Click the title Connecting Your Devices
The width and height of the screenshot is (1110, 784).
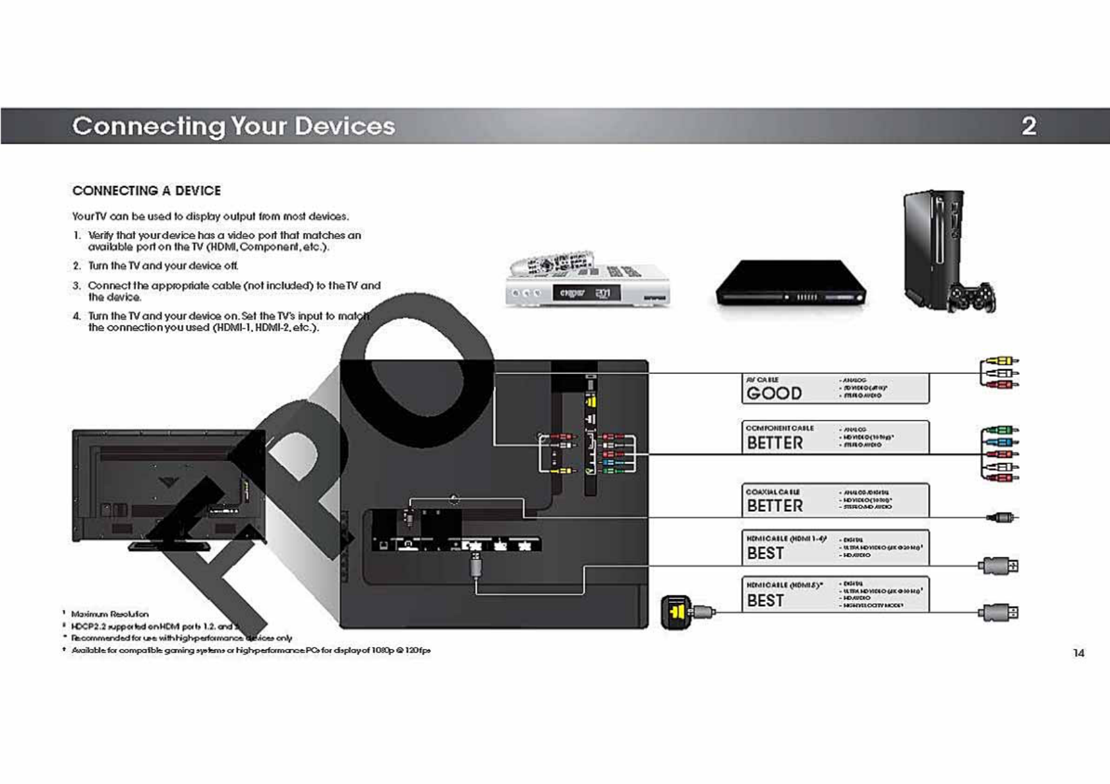(234, 126)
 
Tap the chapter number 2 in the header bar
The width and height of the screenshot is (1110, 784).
(1028, 126)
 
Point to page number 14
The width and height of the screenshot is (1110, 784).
(1078, 653)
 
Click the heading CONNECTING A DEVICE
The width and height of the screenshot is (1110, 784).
(146, 191)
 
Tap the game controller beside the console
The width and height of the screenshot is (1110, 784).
(972, 298)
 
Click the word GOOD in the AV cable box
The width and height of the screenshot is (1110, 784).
(774, 393)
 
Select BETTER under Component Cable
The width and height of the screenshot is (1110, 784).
(774, 443)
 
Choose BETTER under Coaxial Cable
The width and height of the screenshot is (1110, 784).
(774, 506)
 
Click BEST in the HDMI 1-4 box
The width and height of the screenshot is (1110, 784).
(765, 553)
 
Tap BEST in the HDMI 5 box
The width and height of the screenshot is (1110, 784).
(765, 601)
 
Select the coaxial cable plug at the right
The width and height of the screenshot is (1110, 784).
(1002, 518)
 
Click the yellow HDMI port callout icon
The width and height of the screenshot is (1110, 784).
(676, 612)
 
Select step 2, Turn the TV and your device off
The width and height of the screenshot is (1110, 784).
(163, 266)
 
